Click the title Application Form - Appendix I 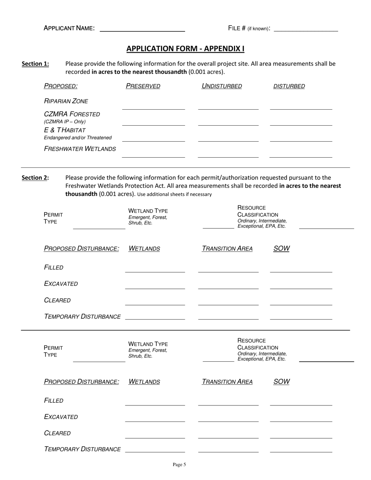click(185, 49)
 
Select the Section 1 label click(35, 64)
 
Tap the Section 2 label click(35, 178)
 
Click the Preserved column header click(143, 86)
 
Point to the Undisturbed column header click(221, 86)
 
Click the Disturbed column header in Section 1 click(289, 86)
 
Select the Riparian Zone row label click(66, 101)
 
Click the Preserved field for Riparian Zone click(153, 107)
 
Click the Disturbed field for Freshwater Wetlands click(301, 155)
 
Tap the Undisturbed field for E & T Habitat click(228, 139)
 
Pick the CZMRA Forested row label click(72, 114)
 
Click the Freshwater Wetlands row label click(80, 149)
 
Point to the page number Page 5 click(179, 464)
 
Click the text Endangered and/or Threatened click(78, 138)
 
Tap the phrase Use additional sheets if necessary click(175, 194)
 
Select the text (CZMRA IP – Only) click(65, 122)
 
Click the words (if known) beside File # click(258, 29)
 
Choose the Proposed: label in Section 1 click(61, 86)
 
